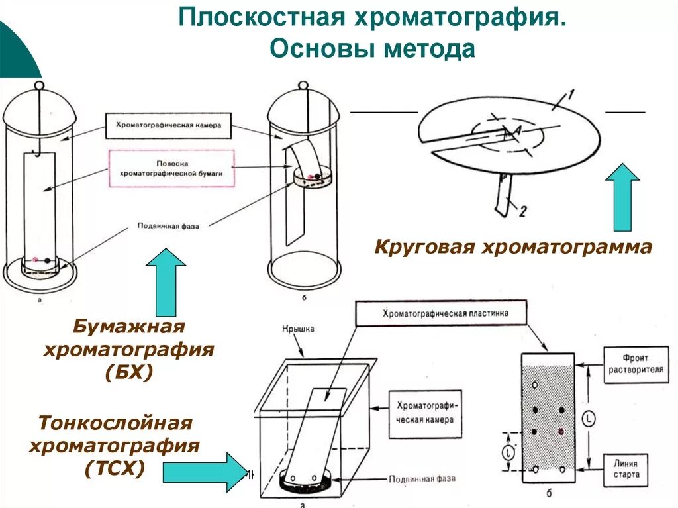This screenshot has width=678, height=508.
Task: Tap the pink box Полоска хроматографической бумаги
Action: click(171, 168)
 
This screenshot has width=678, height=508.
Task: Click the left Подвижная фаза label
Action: click(168, 225)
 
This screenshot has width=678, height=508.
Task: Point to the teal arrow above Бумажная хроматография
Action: click(166, 281)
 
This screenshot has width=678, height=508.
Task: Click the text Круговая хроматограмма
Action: click(513, 248)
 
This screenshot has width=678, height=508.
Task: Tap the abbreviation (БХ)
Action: click(129, 373)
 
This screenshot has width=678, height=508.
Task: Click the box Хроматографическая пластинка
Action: click(442, 314)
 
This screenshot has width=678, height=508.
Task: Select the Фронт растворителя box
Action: click(636, 364)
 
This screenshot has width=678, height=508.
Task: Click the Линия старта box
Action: click(626, 470)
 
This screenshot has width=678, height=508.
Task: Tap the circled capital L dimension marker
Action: click(589, 419)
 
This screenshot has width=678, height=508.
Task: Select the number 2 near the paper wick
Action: click(522, 211)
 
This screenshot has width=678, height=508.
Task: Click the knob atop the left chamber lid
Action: click(39, 85)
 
